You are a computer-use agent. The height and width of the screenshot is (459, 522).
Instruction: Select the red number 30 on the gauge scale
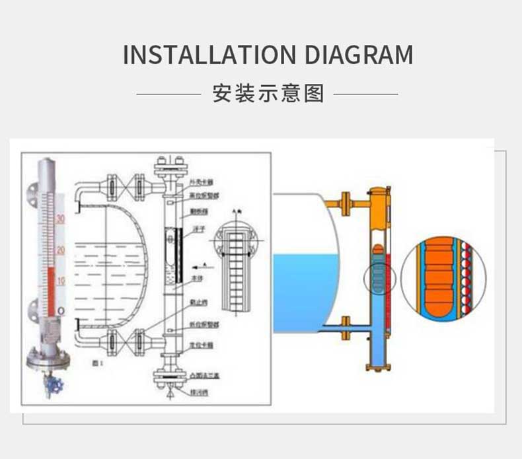(x=60, y=219)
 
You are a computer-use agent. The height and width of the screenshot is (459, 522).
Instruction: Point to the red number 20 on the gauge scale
(x=60, y=250)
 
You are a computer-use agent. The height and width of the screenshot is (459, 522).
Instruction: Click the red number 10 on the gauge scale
(x=60, y=281)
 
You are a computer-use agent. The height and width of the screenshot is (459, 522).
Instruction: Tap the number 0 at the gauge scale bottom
(x=60, y=310)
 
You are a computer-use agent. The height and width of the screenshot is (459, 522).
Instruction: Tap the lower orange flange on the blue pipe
(x=344, y=328)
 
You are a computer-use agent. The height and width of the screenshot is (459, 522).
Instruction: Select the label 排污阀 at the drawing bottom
(x=197, y=390)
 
